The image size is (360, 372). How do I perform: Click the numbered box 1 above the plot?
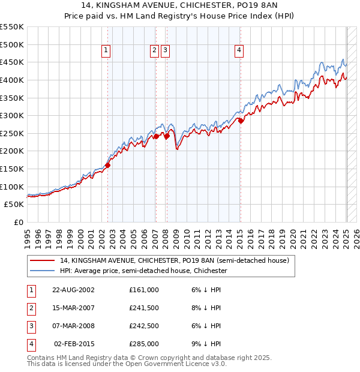(x=106, y=51)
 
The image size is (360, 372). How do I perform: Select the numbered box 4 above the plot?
(x=239, y=51)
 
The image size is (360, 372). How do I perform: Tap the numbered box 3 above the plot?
(x=165, y=51)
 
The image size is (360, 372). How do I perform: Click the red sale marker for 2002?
(x=108, y=165)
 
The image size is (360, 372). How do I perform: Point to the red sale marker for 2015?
(x=241, y=121)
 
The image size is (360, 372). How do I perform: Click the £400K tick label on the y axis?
(x=12, y=80)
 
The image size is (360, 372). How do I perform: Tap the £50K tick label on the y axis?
(x=14, y=205)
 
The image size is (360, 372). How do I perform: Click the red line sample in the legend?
(x=43, y=261)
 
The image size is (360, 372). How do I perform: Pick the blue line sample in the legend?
(x=43, y=271)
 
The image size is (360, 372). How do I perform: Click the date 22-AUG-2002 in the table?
(x=73, y=290)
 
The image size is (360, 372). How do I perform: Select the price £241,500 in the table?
(x=144, y=308)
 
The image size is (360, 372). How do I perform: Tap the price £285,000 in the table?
(x=144, y=344)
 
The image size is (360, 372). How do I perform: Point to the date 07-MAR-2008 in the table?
(x=73, y=326)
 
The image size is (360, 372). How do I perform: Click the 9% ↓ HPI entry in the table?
(x=208, y=344)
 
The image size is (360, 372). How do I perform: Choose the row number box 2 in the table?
(x=30, y=308)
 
